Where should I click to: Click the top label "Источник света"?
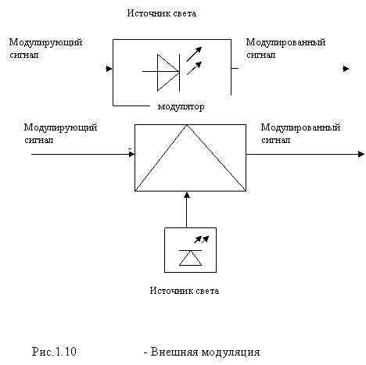pyautogui.click(x=162, y=13)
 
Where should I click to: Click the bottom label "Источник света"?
pyautogui.click(x=185, y=291)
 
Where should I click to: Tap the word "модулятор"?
pyautogui.click(x=181, y=106)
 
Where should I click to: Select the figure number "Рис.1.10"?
pyautogui.click(x=54, y=352)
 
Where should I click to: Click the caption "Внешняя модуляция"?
pyautogui.click(x=205, y=352)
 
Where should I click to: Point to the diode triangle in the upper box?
pyautogui.click(x=168, y=73)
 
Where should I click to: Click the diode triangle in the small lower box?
pyautogui.click(x=191, y=258)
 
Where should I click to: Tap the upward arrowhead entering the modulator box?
pyautogui.click(x=187, y=195)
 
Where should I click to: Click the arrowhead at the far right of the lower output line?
pyautogui.click(x=361, y=154)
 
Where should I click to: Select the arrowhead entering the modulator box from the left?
pyautogui.click(x=131, y=154)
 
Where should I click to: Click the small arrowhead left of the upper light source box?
pyautogui.click(x=109, y=69)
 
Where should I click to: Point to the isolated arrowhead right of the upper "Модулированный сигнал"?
pyautogui.click(x=346, y=69)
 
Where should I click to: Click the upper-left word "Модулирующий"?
pyautogui.click(x=46, y=42)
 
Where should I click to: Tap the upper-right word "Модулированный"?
pyautogui.click(x=285, y=42)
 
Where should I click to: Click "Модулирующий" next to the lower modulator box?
pyautogui.click(x=61, y=127)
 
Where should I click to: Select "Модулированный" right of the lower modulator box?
pyautogui.click(x=300, y=127)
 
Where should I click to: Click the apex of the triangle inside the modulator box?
pyautogui.click(x=187, y=125)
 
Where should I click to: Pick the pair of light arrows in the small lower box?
pyautogui.click(x=202, y=239)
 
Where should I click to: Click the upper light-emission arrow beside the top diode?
pyautogui.click(x=194, y=54)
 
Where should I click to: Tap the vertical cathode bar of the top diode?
pyautogui.click(x=179, y=73)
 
